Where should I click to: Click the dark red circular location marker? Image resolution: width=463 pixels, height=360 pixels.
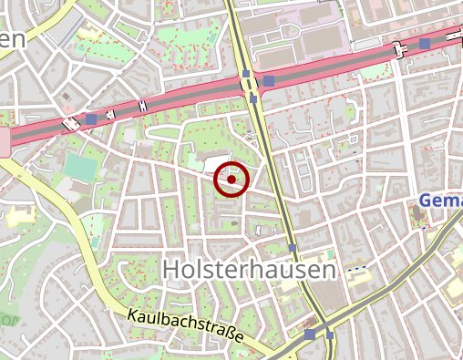pyautogui.click(x=231, y=180)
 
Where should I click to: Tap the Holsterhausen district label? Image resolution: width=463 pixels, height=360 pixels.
pyautogui.click(x=249, y=270)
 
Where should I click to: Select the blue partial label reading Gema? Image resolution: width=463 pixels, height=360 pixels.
pyautogui.click(x=441, y=201)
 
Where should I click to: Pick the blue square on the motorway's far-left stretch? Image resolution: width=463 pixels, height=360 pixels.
pyautogui.click(x=90, y=119)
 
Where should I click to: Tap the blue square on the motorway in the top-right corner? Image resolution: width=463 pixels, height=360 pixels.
pyautogui.click(x=425, y=44)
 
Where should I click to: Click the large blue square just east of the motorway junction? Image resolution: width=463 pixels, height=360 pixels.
pyautogui.click(x=269, y=82)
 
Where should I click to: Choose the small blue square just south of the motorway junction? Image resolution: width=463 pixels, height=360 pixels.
pyautogui.click(x=253, y=98)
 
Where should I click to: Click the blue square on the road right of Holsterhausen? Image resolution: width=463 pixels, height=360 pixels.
pyautogui.click(x=292, y=248)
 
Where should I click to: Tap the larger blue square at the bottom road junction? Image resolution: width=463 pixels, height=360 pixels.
pyautogui.click(x=311, y=335)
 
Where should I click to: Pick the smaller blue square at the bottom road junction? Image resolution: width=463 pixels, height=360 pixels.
pyautogui.click(x=330, y=334)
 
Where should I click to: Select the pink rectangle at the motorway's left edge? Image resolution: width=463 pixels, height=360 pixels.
pyautogui.click(x=4, y=141)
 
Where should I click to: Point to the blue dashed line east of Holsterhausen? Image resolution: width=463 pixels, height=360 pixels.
pyautogui.click(x=358, y=268)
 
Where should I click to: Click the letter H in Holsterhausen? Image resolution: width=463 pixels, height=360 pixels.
pyautogui.click(x=171, y=270)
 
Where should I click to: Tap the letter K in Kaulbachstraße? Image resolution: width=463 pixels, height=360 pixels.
pyautogui.click(x=133, y=314)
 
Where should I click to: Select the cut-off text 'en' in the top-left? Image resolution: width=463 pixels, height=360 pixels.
pyautogui.click(x=11, y=38)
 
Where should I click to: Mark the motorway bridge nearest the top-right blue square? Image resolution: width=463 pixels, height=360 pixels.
pyautogui.click(x=400, y=48)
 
